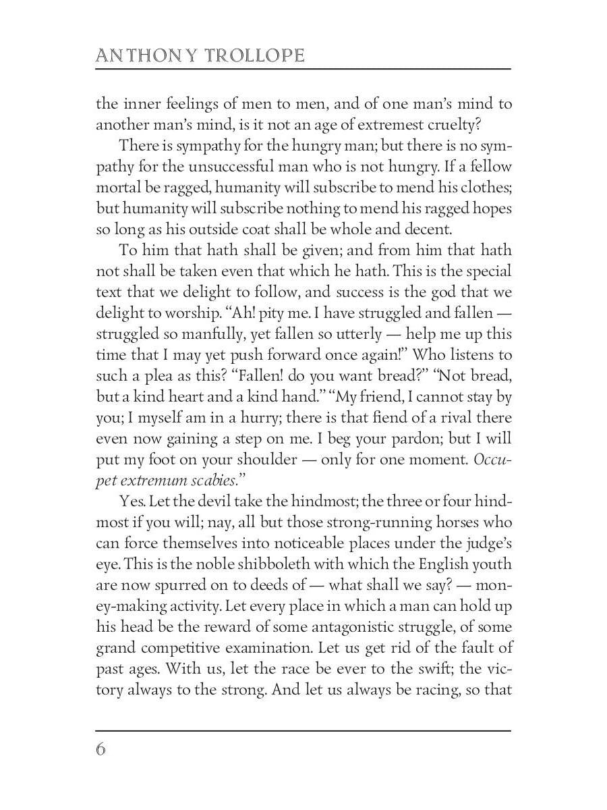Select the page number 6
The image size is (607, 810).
click(x=101, y=749)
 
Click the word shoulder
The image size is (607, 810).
click(x=260, y=460)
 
